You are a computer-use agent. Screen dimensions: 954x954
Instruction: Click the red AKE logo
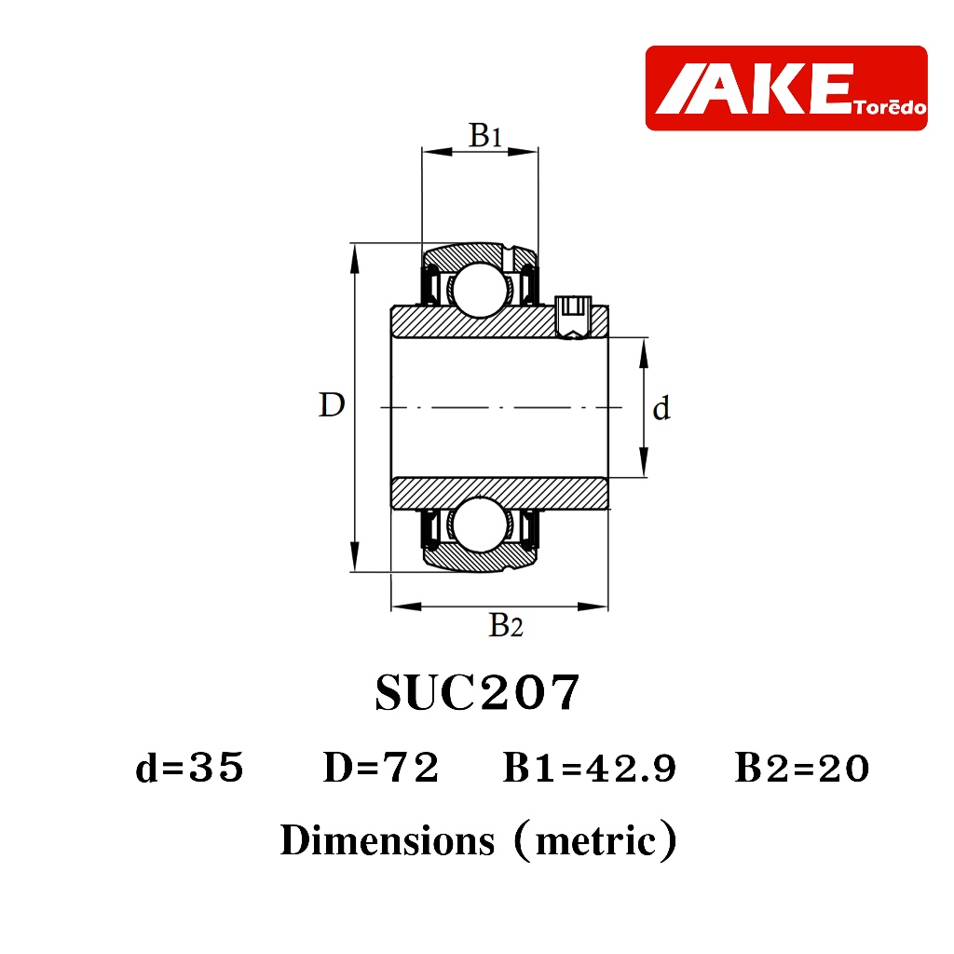[x=786, y=88]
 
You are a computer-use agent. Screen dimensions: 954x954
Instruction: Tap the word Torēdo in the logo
[x=890, y=108]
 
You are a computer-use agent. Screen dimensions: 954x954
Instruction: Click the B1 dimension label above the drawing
[x=484, y=134]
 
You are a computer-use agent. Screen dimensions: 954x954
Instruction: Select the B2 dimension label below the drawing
[x=506, y=625]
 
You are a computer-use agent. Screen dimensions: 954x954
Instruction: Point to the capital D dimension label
[x=332, y=404]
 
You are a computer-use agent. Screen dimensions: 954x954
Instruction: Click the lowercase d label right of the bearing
[x=661, y=408]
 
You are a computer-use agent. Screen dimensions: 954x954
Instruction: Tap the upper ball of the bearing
[x=480, y=291]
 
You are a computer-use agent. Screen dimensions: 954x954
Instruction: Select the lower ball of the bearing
[x=480, y=525]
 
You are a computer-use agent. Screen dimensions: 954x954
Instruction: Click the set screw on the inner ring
[x=574, y=317]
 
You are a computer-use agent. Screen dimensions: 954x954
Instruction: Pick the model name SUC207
[x=477, y=692]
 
